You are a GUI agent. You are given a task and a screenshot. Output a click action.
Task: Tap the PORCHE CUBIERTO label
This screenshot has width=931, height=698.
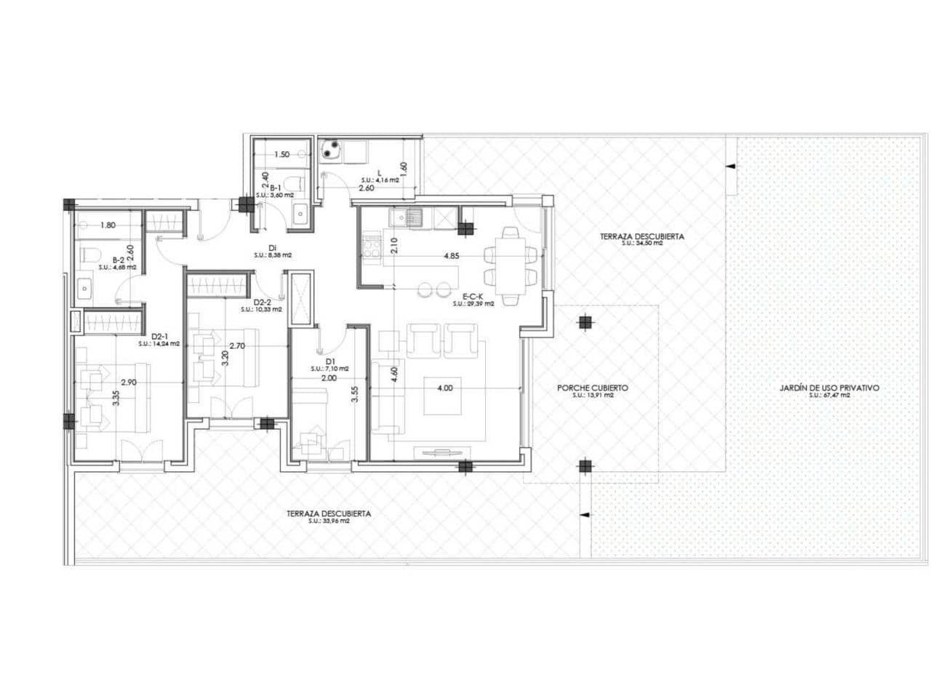592,388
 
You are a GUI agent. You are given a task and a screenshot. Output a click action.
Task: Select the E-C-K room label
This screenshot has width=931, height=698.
474,297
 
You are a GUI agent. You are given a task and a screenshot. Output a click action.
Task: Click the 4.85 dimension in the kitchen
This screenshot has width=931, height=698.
451,256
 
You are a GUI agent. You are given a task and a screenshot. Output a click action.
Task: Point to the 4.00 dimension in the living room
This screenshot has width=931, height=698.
444,388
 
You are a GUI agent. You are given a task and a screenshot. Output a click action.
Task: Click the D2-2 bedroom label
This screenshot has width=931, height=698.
262,302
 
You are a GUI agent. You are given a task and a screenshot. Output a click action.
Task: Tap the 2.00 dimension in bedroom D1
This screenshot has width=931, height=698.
329,378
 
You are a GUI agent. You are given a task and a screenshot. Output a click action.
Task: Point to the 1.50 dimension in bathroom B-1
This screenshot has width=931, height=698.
282,155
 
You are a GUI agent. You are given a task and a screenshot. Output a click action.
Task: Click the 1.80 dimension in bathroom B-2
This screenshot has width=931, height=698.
108,225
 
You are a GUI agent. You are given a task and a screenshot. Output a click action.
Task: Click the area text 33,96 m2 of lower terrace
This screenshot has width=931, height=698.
328,521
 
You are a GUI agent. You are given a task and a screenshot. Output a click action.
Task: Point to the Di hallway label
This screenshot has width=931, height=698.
273,248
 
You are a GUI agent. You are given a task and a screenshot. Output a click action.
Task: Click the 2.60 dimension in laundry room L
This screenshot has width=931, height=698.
366,188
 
